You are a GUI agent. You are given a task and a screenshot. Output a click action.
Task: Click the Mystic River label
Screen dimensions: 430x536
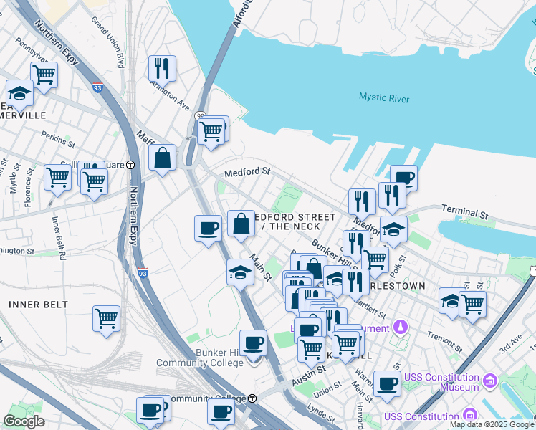coord(383,97)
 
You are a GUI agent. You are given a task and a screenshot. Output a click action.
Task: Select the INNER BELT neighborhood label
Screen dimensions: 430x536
coord(38,305)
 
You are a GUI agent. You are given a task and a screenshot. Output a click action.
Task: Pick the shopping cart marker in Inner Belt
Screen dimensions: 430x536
coord(107,317)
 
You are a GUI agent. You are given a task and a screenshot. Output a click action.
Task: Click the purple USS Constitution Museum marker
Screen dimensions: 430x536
coord(489,379)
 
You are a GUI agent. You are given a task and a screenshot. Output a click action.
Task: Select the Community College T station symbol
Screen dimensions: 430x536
coord(252,398)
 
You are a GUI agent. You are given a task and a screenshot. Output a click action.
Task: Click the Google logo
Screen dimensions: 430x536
coord(24,421)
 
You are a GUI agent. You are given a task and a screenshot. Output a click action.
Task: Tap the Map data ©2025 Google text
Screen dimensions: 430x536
coord(492,424)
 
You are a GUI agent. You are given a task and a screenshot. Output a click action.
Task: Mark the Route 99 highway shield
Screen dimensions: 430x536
coord(201,116)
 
